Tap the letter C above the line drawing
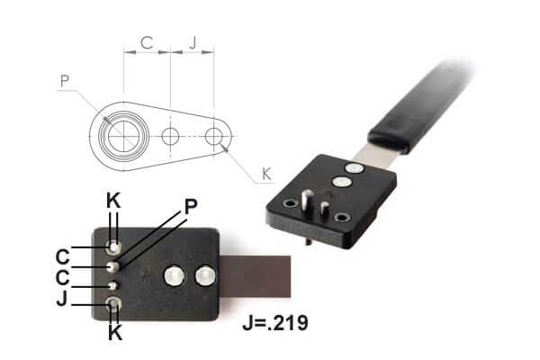146,42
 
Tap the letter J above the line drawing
193,42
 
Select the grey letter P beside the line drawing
64,81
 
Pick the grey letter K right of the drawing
265,173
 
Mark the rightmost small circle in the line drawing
213,137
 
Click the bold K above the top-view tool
113,201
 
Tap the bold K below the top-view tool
113,334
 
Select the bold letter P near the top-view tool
190,206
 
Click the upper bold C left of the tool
61,254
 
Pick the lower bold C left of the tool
61,276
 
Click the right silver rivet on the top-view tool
205,274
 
